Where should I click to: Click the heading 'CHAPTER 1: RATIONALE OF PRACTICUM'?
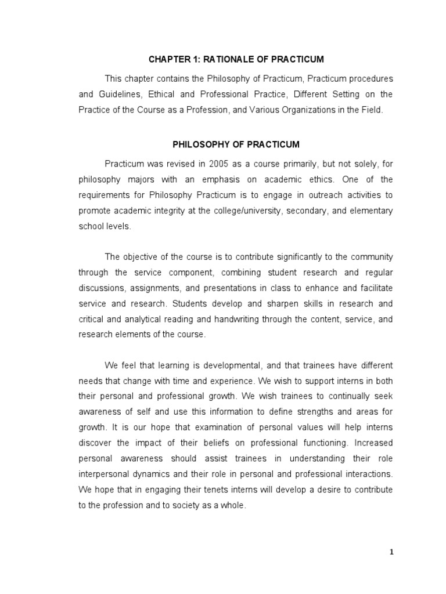coord(236,59)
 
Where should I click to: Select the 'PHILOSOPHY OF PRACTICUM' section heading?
coord(236,144)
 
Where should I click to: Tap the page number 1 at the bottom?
coord(391,552)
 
